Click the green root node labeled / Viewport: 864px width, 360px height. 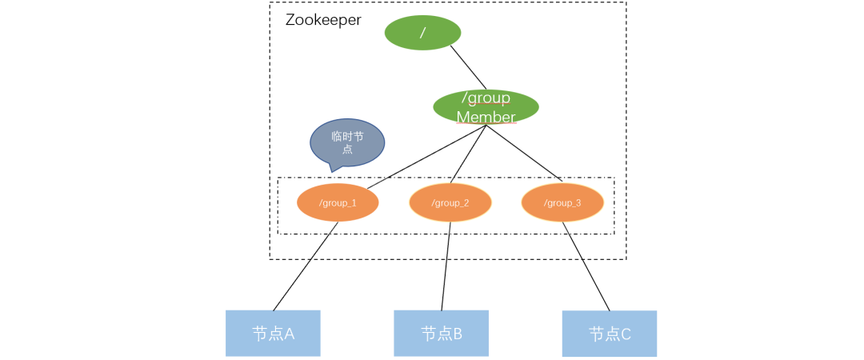[422, 33]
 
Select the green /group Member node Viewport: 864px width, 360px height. [486, 106]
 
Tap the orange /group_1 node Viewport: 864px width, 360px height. [337, 203]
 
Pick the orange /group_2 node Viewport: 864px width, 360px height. [450, 203]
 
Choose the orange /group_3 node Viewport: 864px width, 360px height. [562, 203]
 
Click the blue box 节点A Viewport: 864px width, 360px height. [273, 333]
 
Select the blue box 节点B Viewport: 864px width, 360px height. [441, 333]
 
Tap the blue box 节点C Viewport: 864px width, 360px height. [610, 334]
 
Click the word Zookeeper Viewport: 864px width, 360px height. [323, 20]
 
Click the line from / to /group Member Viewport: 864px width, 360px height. [469, 67]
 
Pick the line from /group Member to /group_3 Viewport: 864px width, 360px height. [524, 153]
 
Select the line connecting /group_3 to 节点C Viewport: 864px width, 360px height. [586, 266]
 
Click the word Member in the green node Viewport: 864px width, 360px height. [486, 117]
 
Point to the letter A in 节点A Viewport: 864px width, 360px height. [289, 334]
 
